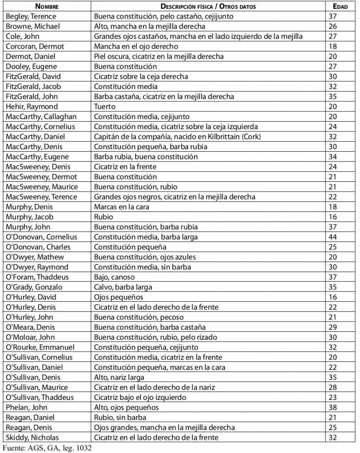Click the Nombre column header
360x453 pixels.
[47, 7]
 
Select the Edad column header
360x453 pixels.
[340, 7]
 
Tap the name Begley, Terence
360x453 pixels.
[31, 16]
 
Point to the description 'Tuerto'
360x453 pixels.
[105, 107]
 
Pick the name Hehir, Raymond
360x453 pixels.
[32, 107]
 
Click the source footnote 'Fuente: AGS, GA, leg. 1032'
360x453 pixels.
[49, 448]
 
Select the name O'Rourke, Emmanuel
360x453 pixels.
[40, 347]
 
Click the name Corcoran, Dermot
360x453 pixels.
[35, 46]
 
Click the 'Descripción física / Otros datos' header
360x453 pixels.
[208, 7]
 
